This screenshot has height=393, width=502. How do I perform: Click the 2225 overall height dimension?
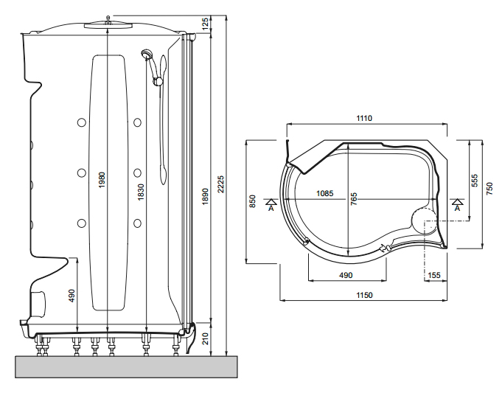tap(221, 184)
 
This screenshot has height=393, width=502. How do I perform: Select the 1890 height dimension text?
tap(205, 196)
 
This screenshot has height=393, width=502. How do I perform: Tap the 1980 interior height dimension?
tap(102, 180)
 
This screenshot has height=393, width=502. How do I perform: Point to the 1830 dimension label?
tap(141, 192)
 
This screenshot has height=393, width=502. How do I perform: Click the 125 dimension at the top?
tap(205, 24)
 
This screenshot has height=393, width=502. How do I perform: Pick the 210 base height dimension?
tap(205, 338)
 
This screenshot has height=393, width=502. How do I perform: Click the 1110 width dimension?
tap(364, 118)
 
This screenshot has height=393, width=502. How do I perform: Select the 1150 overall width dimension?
tap(364, 295)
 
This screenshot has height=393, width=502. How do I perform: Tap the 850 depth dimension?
tap(253, 201)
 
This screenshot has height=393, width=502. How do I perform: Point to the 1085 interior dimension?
tap(324, 193)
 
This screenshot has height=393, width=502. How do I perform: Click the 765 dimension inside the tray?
tap(354, 199)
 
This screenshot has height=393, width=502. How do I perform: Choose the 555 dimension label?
tap(475, 181)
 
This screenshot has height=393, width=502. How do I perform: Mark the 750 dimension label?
tap(490, 189)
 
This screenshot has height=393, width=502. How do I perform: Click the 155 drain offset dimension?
tap(434, 275)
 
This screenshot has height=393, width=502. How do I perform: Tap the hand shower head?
tap(146, 54)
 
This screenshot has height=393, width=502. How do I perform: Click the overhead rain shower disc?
tap(108, 25)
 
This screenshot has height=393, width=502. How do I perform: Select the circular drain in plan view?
tap(424, 221)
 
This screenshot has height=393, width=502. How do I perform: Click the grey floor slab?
tap(126, 367)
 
